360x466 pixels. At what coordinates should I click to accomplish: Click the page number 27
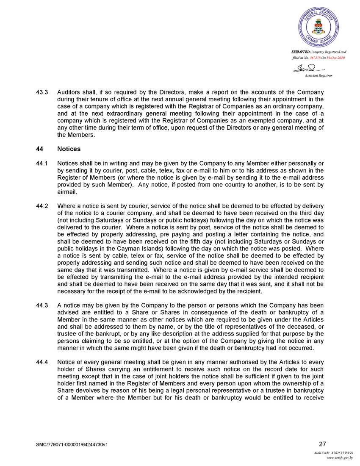[x=322, y=444]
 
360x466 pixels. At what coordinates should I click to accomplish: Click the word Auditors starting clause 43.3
[x=69, y=92]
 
